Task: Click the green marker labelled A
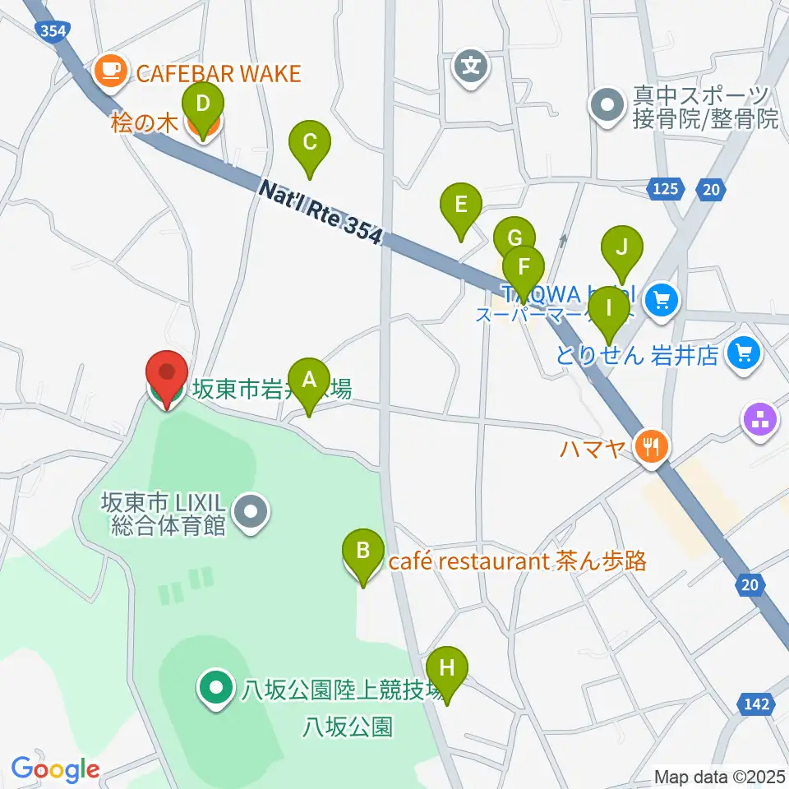(309, 381)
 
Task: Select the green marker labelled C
(309, 143)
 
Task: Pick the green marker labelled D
(203, 105)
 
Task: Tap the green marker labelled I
(608, 309)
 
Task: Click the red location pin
(167, 374)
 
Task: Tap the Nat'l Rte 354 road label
(321, 212)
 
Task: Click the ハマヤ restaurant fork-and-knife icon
(653, 447)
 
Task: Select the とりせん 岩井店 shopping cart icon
(745, 355)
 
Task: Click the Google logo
(55, 770)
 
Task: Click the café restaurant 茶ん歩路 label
(517, 562)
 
